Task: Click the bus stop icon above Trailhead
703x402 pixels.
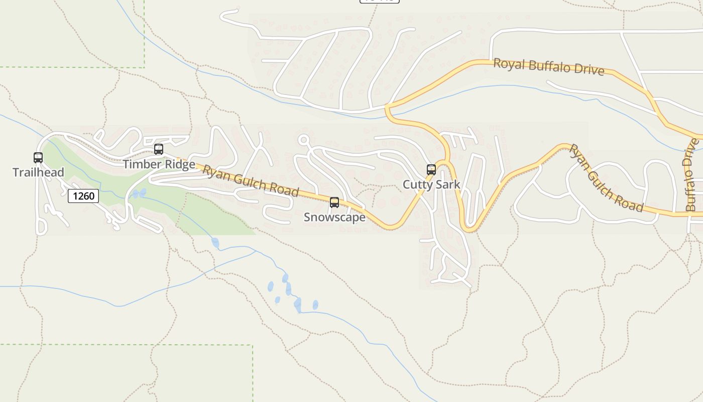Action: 38,158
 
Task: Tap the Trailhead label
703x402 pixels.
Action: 38,172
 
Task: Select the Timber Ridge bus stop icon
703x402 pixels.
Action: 159,149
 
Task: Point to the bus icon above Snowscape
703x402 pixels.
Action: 334,203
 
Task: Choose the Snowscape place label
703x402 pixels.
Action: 334,217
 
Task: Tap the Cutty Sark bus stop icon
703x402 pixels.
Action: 431,170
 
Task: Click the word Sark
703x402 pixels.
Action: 448,184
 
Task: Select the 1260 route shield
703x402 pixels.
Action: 83,196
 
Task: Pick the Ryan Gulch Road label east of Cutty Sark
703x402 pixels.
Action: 606,178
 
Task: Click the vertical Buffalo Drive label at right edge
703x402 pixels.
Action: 692,174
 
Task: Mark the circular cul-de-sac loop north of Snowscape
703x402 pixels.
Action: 303,139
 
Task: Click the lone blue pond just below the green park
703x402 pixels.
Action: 215,243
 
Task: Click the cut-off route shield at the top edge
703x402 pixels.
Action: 380,1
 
